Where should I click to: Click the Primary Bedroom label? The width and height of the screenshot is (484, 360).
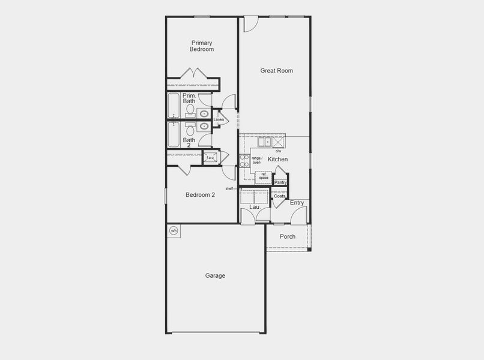202,46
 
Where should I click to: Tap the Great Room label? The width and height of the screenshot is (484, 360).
276,71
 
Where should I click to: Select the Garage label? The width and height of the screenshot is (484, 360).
215,276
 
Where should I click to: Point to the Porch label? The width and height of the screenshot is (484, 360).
288,236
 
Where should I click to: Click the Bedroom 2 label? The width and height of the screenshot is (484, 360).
200,195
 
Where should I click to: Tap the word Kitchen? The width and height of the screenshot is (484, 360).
277,160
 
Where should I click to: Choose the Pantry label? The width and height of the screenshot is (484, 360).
280,182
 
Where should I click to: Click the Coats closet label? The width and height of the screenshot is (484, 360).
280,196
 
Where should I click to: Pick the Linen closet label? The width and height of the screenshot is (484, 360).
219,120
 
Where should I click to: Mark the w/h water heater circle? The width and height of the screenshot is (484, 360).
174,230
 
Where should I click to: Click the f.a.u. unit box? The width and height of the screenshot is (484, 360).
211,158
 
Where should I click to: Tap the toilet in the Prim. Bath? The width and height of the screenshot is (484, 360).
190,110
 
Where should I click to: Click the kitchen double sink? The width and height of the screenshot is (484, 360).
265,142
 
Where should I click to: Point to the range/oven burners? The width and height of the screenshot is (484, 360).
244,160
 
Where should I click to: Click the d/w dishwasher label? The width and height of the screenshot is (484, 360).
279,151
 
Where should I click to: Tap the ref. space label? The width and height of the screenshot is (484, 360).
264,176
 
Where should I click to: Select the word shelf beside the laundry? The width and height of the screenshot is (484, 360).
230,188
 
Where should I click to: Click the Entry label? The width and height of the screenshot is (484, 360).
297,203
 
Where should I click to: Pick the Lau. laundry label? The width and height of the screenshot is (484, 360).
255,207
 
